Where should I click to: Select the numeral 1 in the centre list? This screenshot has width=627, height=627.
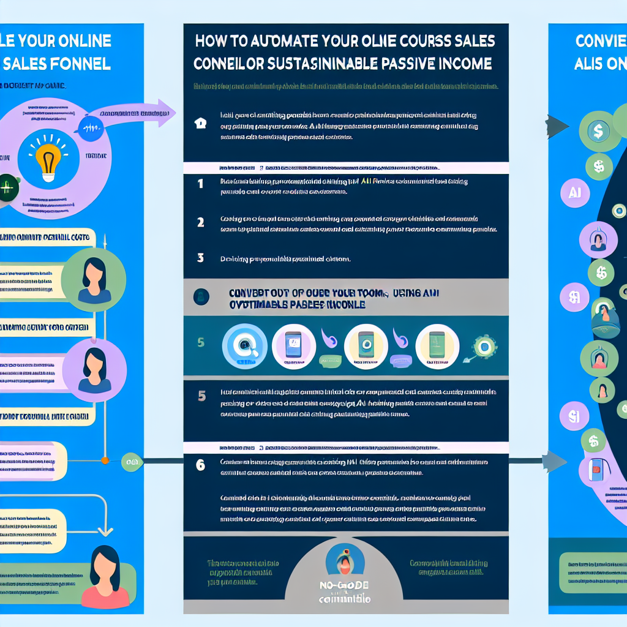coord(200,183)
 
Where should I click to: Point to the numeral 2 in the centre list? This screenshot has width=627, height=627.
coord(200,222)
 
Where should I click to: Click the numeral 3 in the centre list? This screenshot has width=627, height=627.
coord(200,258)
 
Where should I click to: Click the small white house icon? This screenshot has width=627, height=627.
coord(200,122)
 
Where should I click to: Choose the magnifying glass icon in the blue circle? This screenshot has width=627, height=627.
coord(244,346)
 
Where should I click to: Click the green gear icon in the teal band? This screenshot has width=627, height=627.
coord(484,346)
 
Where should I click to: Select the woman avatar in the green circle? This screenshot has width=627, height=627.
coord(94,279)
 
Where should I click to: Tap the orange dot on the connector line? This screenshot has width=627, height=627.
coord(104,460)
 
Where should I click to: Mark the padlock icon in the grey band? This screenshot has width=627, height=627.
coord(200,297)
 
